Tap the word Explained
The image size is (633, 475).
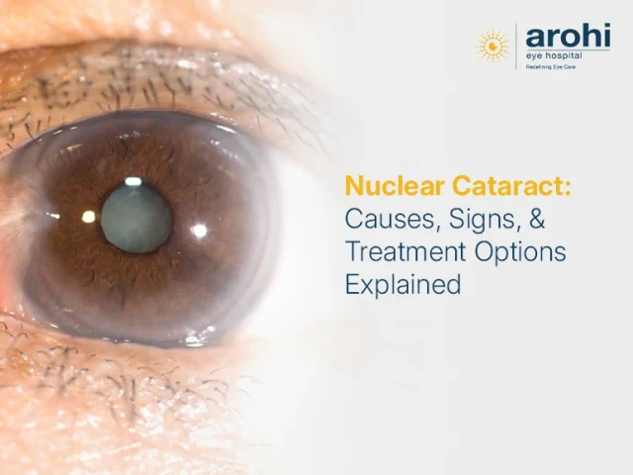coord(403,285)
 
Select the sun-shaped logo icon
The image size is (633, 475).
coord(493,46)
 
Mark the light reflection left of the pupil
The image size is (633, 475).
coord(88,216)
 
